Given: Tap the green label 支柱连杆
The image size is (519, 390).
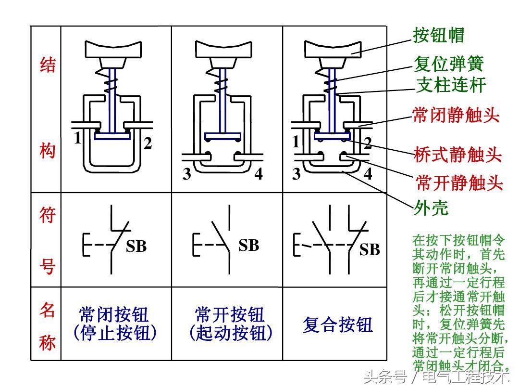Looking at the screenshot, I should point(451,86).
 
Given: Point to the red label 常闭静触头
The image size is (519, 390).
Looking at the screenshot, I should point(456,115).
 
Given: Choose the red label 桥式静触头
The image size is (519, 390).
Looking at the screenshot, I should point(457,155).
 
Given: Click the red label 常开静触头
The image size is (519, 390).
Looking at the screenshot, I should point(459,183).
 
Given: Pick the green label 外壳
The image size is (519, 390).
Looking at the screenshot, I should point(431,208).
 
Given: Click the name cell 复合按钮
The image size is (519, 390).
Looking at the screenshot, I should point(338,325).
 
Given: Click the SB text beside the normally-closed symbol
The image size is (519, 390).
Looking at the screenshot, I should point(136,247).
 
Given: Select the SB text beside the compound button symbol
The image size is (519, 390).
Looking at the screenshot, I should point(370,250).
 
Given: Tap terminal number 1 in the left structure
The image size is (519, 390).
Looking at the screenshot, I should point(78,139).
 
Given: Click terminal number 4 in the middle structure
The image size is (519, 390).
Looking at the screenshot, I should point(259,174).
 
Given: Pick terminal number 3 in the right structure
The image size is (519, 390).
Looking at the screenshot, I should point(297,174).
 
